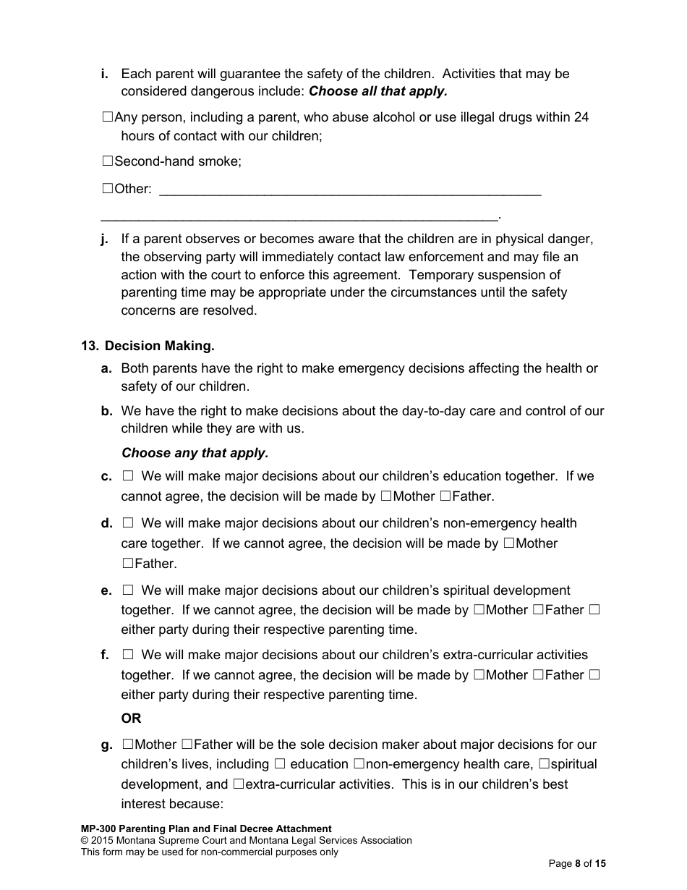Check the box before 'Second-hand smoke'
[108, 161]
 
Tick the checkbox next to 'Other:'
[108, 189]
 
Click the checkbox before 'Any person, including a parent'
[108, 116]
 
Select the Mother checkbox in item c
[386, 496]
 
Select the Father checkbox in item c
[445, 496]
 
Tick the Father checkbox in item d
[127, 563]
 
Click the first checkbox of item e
[128, 590]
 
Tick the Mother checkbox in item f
[479, 675]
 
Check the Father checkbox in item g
[187, 745]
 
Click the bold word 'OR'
[131, 719]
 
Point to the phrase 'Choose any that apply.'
[195, 453]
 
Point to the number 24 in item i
[581, 116]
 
